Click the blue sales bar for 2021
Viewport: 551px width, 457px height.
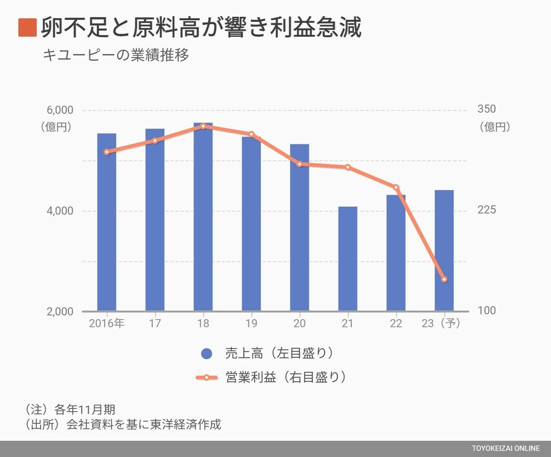pyautogui.click(x=348, y=259)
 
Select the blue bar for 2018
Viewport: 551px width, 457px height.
pyautogui.click(x=203, y=217)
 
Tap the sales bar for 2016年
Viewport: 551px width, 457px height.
pyautogui.click(x=107, y=222)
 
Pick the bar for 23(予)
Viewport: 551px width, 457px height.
pyautogui.click(x=444, y=250)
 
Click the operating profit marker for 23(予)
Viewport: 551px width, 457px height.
pyautogui.click(x=444, y=279)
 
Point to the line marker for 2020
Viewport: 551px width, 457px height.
pyautogui.click(x=300, y=164)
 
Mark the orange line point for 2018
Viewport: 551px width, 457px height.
pyautogui.click(x=203, y=126)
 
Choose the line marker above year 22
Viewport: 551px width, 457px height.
pyautogui.click(x=396, y=187)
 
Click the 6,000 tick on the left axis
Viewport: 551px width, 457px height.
pyautogui.click(x=60, y=110)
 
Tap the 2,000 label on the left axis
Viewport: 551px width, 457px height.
pyautogui.click(x=60, y=311)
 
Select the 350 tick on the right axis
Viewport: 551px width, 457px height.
pyautogui.click(x=486, y=110)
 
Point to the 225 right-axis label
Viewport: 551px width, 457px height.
pyautogui.click(x=486, y=210)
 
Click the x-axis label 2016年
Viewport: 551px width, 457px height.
pyautogui.click(x=107, y=323)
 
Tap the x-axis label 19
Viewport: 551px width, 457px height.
pyautogui.click(x=251, y=323)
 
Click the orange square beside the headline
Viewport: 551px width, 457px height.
pyautogui.click(x=28, y=28)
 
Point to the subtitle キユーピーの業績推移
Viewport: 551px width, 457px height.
pyautogui.click(x=116, y=55)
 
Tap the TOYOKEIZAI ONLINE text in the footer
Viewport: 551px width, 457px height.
pyautogui.click(x=506, y=449)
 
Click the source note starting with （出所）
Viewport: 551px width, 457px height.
pyautogui.click(x=123, y=424)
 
